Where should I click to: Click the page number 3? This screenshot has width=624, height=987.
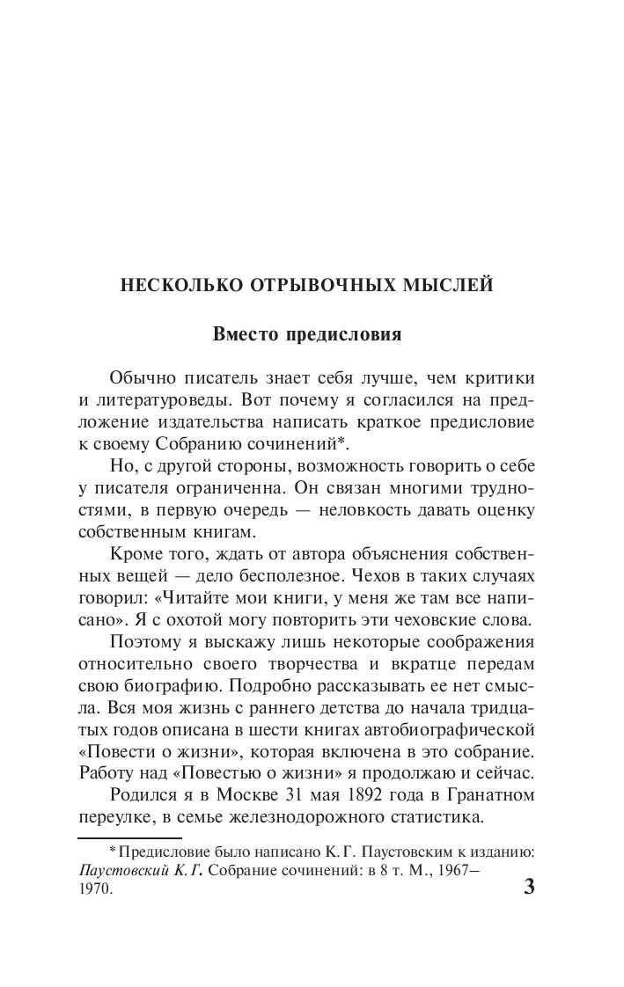(x=529, y=886)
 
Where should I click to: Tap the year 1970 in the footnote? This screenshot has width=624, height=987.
(x=95, y=889)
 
